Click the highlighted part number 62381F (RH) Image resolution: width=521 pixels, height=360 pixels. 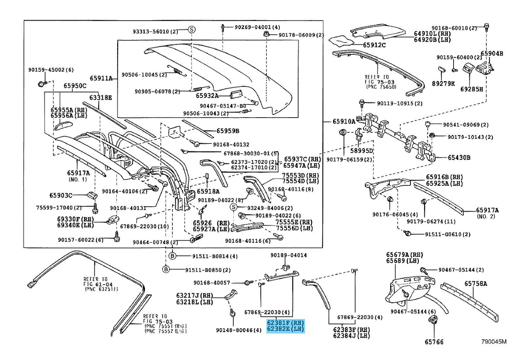(x=285, y=323)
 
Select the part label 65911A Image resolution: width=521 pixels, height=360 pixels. (x=101, y=78)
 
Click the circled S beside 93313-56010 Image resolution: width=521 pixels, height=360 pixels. (x=191, y=30)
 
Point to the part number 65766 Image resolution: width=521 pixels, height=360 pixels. (x=434, y=342)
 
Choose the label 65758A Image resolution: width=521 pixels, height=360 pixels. (x=476, y=284)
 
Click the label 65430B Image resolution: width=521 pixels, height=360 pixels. (x=459, y=158)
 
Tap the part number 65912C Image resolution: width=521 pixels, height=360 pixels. (x=374, y=45)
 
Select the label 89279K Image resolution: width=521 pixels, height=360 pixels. (x=443, y=84)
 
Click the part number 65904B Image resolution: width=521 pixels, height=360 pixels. (x=492, y=53)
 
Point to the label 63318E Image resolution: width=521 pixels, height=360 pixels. (x=101, y=97)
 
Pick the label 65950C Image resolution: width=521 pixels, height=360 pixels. (x=75, y=86)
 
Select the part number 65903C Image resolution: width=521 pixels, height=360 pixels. (x=61, y=196)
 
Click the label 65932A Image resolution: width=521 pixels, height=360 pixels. (x=207, y=96)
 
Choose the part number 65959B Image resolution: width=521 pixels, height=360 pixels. (x=228, y=131)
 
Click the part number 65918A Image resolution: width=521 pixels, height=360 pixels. (x=208, y=192)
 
